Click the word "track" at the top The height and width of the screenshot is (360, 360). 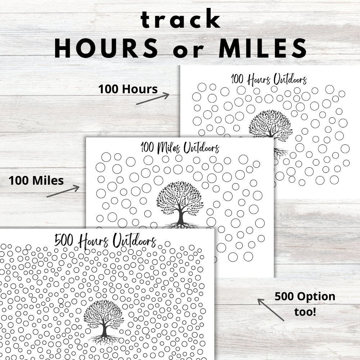[180, 21]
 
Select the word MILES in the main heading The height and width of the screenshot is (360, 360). [263, 49]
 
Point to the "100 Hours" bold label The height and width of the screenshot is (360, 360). [128, 89]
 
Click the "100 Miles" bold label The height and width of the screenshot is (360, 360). [37, 180]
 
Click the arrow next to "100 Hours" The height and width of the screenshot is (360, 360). [153, 99]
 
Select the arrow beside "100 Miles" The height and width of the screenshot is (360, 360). [63, 191]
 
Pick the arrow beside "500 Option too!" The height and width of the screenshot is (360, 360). [271, 309]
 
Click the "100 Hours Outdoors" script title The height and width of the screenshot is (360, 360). [269, 79]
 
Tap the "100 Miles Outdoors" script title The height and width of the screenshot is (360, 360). [180, 148]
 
